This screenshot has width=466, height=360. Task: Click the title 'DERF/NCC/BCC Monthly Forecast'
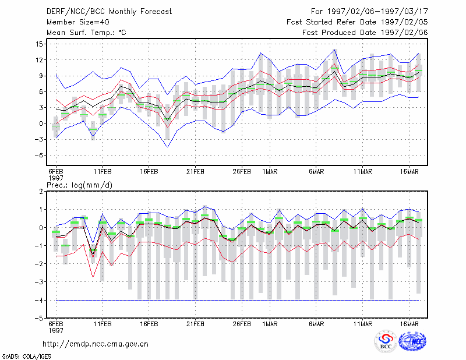pos(109,12)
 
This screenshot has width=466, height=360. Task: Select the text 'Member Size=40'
pos(78,22)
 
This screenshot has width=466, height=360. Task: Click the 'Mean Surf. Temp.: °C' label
pos(86,33)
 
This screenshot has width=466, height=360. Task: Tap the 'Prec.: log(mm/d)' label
pos(79,185)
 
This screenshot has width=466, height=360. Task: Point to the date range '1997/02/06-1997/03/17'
pos(377,12)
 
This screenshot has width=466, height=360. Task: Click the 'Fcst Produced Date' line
pos(365,33)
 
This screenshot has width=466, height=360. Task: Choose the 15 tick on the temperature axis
pos(39,44)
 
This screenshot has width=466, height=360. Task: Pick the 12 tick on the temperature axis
pos(39,60)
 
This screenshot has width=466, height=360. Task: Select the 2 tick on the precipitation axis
pos(41,192)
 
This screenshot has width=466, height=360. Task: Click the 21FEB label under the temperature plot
pos(195,172)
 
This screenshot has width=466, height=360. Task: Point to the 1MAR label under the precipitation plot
pos(270,324)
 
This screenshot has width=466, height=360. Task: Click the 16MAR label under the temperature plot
pos(409,172)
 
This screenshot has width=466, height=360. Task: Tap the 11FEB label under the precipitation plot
pos(103,324)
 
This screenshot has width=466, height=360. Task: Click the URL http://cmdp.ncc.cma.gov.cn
pos(96,344)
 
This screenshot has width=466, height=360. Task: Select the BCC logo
pos(386,342)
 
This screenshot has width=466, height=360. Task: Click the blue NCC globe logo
pos(412,341)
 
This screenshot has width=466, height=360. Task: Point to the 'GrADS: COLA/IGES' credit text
pos(26,357)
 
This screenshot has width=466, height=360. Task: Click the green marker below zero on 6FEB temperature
pos(56,126)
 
